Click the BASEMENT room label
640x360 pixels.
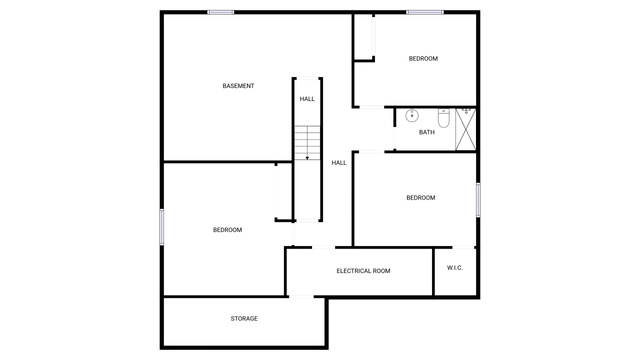tap(238, 86)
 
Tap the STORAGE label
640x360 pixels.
tap(244, 318)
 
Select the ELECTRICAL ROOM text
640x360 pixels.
tap(363, 271)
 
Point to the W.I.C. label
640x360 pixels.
tap(455, 268)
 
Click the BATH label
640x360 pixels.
tap(427, 132)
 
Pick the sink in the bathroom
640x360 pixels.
tap(412, 115)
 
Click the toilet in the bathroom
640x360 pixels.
tap(444, 118)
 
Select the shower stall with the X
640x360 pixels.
tap(466, 129)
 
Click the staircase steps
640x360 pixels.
tap(307, 142)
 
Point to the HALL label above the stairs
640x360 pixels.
tap(307, 99)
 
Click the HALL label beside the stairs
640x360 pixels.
tap(339, 163)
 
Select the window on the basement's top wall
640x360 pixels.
tap(220, 12)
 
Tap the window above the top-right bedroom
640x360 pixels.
tap(425, 12)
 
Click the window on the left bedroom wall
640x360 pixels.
tap(162, 227)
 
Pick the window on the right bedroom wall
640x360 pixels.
tap(478, 200)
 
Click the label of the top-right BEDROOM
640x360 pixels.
tap(423, 59)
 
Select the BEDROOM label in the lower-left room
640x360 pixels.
tap(227, 230)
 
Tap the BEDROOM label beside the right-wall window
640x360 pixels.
tap(421, 198)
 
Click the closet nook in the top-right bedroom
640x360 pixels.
tap(363, 38)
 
